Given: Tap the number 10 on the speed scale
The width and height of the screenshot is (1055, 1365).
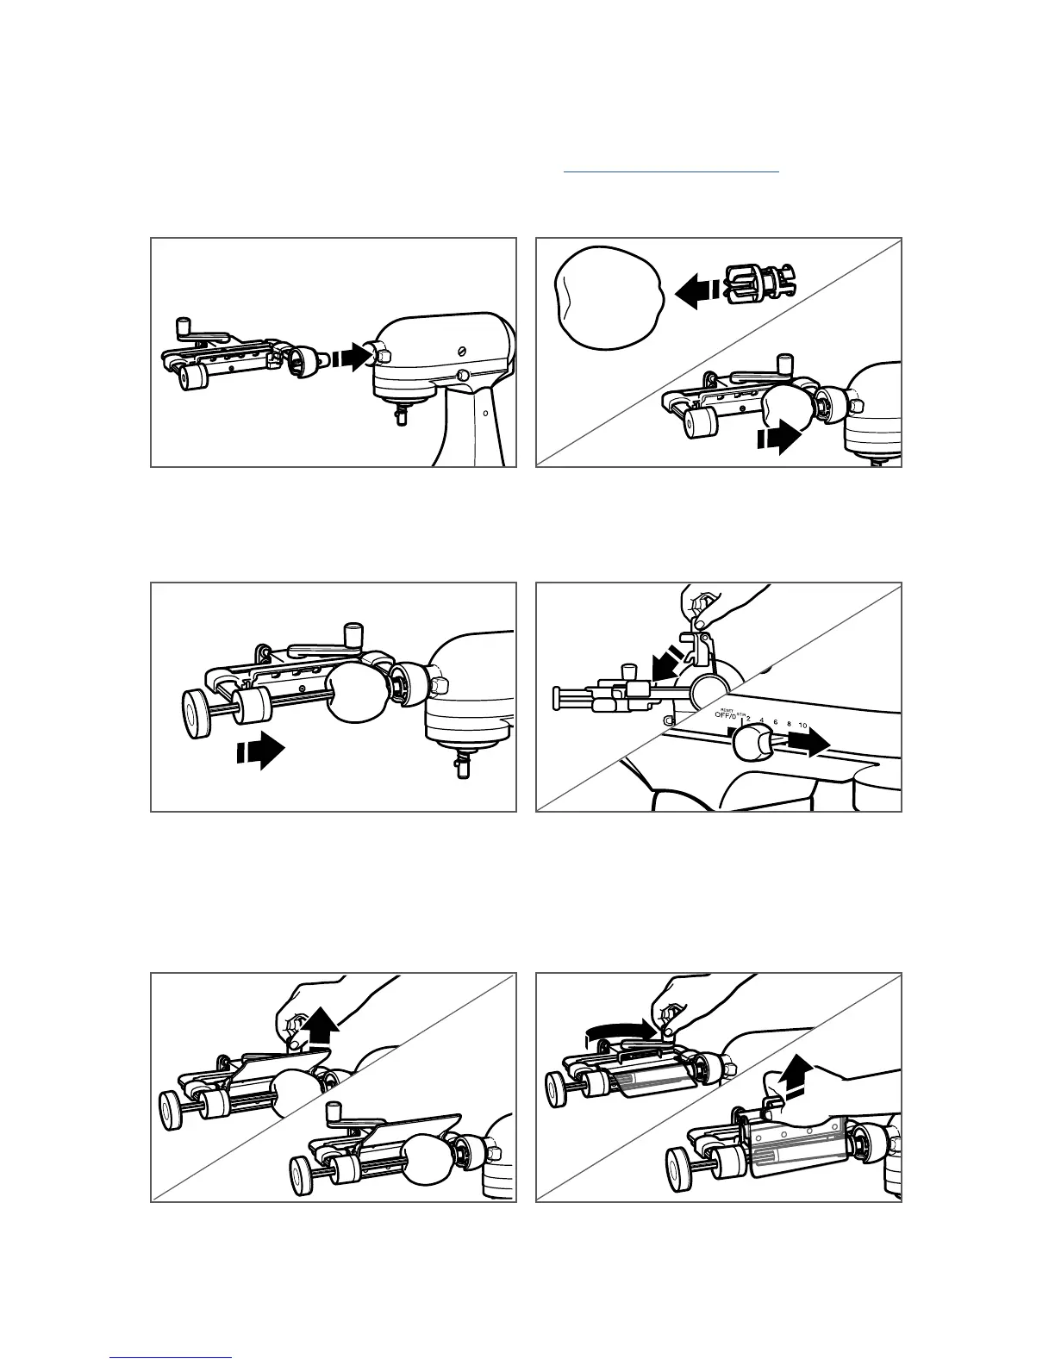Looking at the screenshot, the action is (x=802, y=726).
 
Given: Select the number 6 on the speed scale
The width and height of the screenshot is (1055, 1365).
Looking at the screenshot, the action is (x=776, y=722).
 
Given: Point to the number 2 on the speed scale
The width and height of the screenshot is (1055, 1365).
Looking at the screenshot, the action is (x=748, y=719).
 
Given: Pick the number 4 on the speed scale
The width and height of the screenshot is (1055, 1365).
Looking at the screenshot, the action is (x=762, y=720).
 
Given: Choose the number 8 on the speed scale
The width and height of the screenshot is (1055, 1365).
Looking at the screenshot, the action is (x=789, y=724).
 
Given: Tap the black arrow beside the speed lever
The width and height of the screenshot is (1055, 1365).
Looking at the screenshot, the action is (x=809, y=744).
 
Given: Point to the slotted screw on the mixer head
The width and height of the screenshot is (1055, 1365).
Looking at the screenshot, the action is (x=462, y=351).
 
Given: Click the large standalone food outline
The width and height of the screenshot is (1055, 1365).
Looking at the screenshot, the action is (x=607, y=297).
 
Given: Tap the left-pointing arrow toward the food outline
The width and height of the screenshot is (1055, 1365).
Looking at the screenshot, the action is (x=696, y=290).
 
